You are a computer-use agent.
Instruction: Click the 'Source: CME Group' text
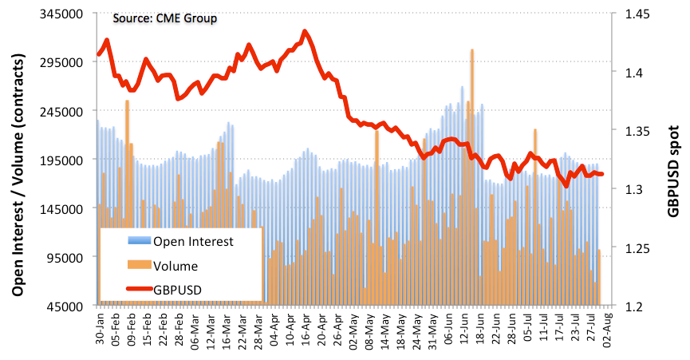164,18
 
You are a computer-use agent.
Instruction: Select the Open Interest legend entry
193,242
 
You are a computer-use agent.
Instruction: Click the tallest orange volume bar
472,51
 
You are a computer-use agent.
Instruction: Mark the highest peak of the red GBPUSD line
306,32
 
